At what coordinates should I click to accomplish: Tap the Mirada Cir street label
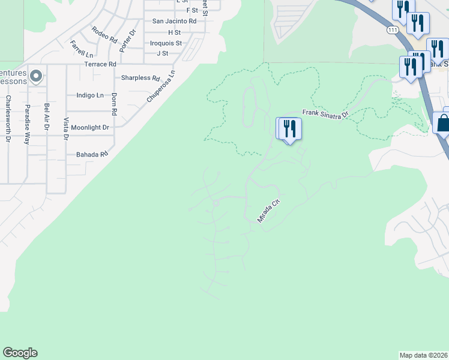[269, 212]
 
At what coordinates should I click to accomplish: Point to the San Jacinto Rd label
[174, 21]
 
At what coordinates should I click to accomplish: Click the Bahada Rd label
[91, 154]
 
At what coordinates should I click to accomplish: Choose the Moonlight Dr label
[90, 128]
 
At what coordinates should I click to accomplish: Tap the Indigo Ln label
[90, 95]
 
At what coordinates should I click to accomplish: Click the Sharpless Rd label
[140, 78]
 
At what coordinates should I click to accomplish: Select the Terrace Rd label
[100, 64]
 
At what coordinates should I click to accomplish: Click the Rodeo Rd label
[104, 34]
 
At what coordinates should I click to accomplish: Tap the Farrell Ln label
[81, 49]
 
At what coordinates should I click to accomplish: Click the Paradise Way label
[27, 124]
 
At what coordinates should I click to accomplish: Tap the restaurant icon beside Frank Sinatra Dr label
[289, 128]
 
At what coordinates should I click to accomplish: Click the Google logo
[20, 353]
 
